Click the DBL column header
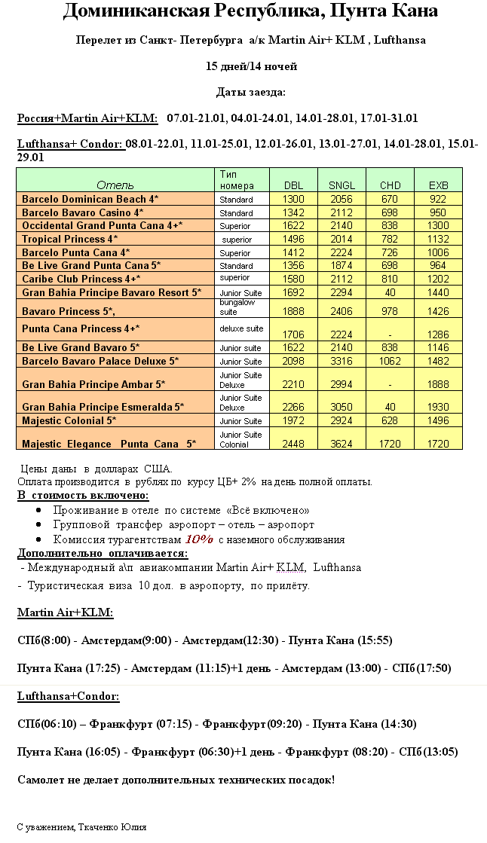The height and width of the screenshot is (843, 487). tap(293, 185)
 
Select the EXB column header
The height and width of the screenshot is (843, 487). tap(438, 185)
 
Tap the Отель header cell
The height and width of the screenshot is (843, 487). tap(115, 185)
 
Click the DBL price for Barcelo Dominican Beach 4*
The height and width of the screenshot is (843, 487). tap(293, 199)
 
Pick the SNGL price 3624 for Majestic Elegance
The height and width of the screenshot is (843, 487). tap(341, 444)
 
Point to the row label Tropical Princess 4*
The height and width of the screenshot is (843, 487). tap(69, 239)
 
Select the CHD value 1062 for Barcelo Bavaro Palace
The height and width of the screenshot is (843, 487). tap(390, 361)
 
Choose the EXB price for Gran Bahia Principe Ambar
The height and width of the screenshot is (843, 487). tap(438, 385)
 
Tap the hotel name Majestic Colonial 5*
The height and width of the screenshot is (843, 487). tap(69, 420)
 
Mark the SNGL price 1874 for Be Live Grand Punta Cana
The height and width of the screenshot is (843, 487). tap(341, 265)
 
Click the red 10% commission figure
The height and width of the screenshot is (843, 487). tap(199, 539)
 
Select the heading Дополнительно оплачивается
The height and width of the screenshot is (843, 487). tap(103, 553)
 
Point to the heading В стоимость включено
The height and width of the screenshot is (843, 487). tap(83, 495)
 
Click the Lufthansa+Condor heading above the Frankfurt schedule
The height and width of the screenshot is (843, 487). tap(69, 697)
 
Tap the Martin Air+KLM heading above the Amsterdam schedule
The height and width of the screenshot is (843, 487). tap(65, 612)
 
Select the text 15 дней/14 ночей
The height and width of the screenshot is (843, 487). tap(251, 66)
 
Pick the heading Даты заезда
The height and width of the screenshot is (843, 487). tap(251, 92)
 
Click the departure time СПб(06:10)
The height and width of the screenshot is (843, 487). tap(45, 724)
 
